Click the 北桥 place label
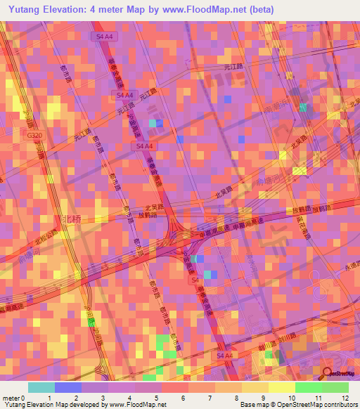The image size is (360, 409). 71,219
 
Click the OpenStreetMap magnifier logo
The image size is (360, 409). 327,373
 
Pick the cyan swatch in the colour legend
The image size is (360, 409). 41,387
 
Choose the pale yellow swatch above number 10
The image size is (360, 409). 281,387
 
